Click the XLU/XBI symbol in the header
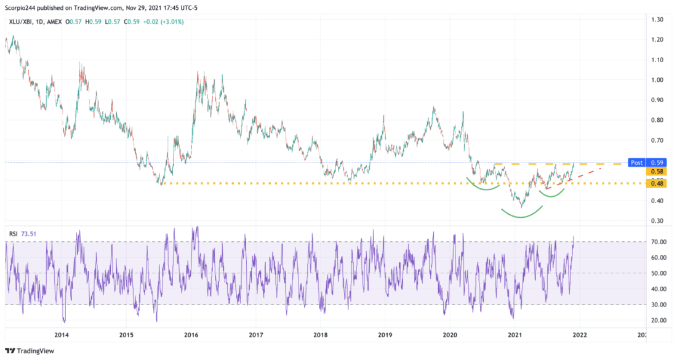click(x=20, y=22)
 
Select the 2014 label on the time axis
click(x=61, y=335)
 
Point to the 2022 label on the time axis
click(x=579, y=335)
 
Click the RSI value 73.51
click(x=28, y=233)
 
